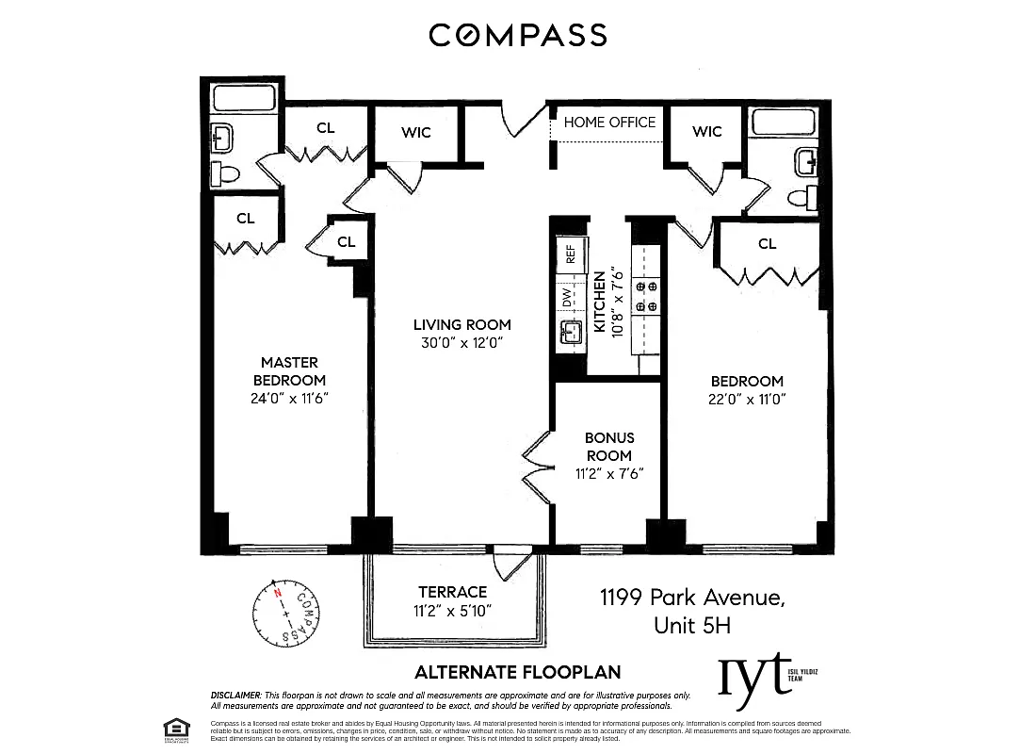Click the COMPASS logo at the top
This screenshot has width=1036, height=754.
(x=517, y=35)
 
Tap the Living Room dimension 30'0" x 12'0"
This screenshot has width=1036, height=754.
(x=461, y=343)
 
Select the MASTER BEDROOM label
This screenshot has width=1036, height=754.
(x=289, y=370)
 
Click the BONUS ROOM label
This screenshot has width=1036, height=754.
(x=608, y=447)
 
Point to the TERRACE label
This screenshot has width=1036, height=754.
(x=453, y=592)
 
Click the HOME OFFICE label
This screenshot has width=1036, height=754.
(x=609, y=123)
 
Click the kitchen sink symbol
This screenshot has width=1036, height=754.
(x=570, y=332)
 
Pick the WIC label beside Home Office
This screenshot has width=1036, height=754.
(x=706, y=131)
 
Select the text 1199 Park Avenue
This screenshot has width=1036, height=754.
(x=692, y=598)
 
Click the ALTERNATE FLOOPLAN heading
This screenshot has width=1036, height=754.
(x=518, y=672)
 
